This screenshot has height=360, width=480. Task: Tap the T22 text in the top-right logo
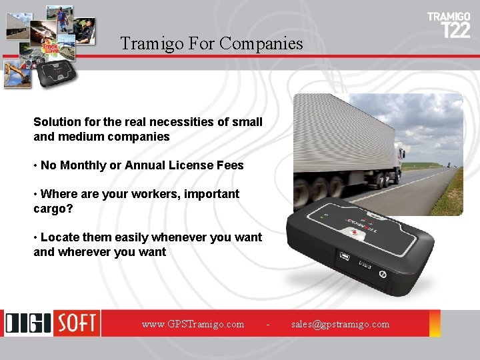[456, 30]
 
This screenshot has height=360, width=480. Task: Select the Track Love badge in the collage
[51, 46]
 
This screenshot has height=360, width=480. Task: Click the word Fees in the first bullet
[230, 165]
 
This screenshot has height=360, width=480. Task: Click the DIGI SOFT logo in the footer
[52, 323]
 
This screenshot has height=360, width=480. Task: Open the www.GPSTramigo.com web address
[193, 324]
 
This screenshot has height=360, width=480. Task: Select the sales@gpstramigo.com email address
[340, 324]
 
